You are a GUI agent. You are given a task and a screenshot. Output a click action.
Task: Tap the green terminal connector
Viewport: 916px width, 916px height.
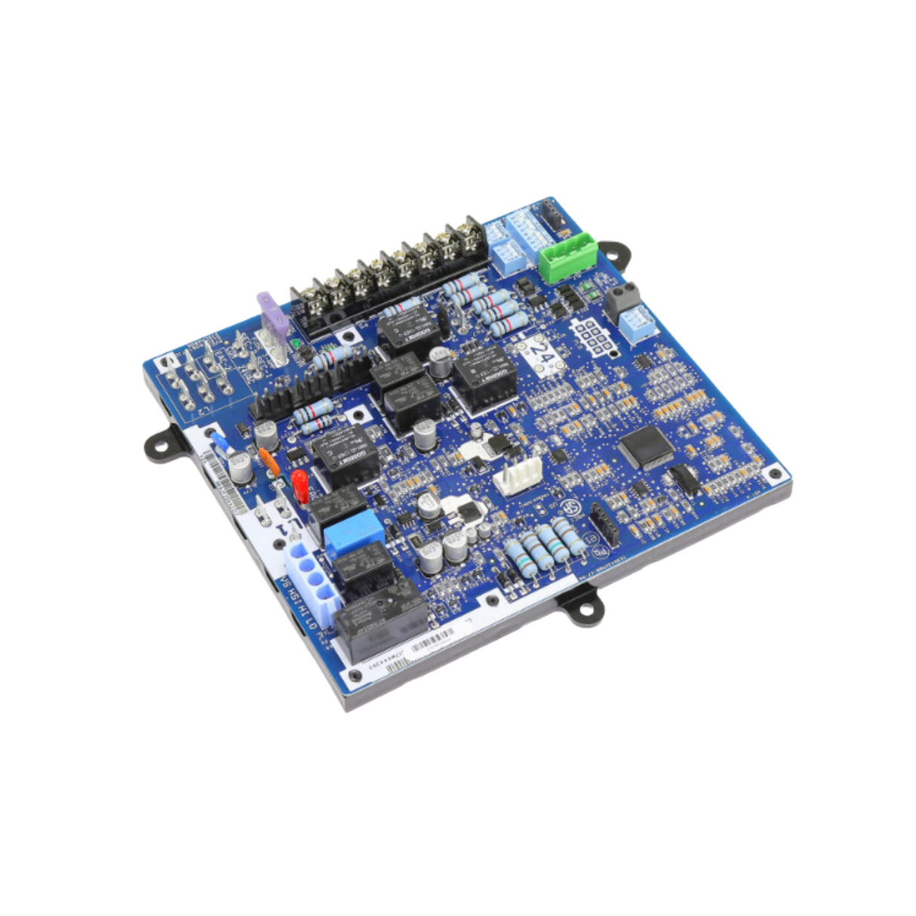pos(567,257)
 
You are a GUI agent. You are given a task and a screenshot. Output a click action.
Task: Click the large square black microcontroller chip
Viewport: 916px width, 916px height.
pos(647,446)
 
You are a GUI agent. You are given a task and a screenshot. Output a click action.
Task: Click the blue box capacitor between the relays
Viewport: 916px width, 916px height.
pos(353,528)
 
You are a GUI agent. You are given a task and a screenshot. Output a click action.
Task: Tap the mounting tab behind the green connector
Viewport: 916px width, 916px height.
pos(612,254)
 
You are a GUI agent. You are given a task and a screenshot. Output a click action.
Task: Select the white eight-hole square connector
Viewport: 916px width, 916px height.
pos(594,338)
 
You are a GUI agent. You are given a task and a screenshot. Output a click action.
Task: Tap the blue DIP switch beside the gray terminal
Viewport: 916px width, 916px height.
pos(638,320)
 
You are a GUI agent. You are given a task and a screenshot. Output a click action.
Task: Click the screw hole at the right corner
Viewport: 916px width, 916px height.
pos(773,474)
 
